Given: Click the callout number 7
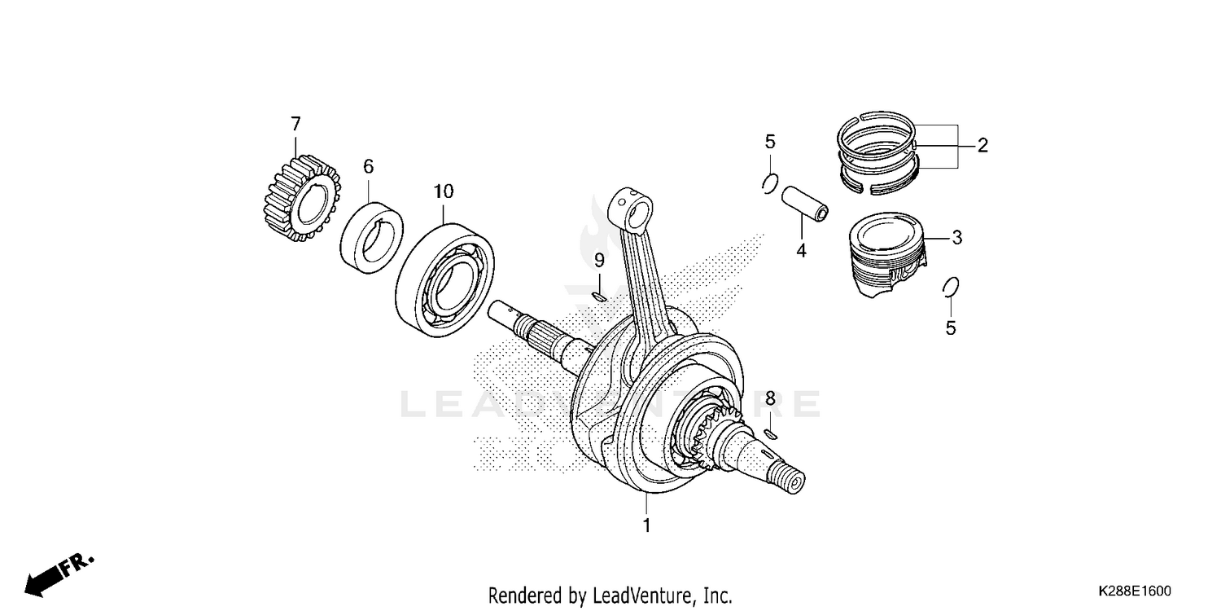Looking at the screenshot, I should [x=295, y=124].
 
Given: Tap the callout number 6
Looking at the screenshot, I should [x=368, y=166].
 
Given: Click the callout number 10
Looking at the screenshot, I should [x=443, y=192].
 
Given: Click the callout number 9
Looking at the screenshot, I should [x=598, y=261].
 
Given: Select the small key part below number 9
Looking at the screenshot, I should [x=598, y=297].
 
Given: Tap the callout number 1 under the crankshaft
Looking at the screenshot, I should [x=647, y=525].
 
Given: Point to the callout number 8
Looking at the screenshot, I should [x=769, y=398].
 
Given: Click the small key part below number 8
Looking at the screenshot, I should [x=772, y=433].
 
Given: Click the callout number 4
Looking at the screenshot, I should [x=801, y=251].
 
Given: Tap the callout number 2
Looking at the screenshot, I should [x=982, y=146].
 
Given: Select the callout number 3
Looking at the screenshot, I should [x=957, y=238].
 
